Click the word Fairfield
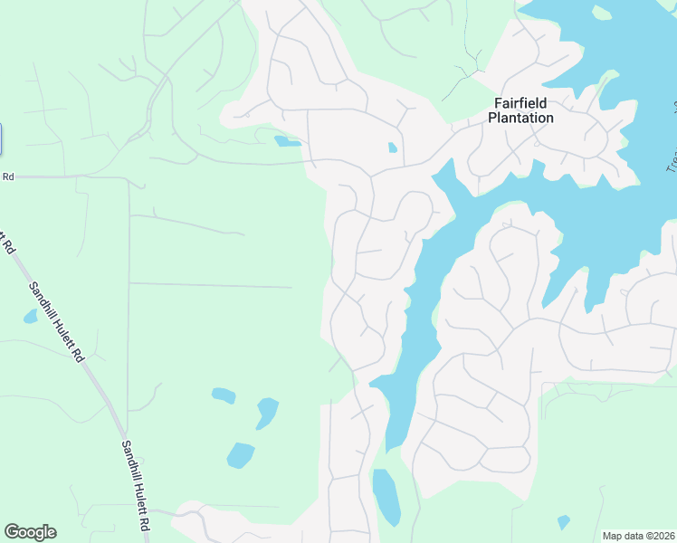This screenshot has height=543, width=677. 520,103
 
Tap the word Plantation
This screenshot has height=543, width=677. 520,118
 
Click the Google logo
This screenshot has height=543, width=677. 30,532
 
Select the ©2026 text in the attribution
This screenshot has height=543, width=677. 661,536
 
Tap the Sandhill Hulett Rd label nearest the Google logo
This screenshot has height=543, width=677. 137,485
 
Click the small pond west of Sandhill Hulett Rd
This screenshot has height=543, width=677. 30,317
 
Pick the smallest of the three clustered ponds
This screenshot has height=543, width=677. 223,395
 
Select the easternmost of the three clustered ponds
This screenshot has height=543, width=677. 266,412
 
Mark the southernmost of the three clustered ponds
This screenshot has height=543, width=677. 240,454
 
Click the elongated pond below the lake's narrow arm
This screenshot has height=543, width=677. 386,496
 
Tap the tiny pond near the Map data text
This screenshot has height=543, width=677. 563,522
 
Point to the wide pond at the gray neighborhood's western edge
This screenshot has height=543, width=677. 287,141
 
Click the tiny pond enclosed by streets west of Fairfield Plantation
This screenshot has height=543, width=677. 392,148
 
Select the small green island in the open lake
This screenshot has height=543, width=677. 602,13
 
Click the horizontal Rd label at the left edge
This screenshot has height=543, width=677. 8,176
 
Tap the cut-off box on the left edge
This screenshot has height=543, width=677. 1,138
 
